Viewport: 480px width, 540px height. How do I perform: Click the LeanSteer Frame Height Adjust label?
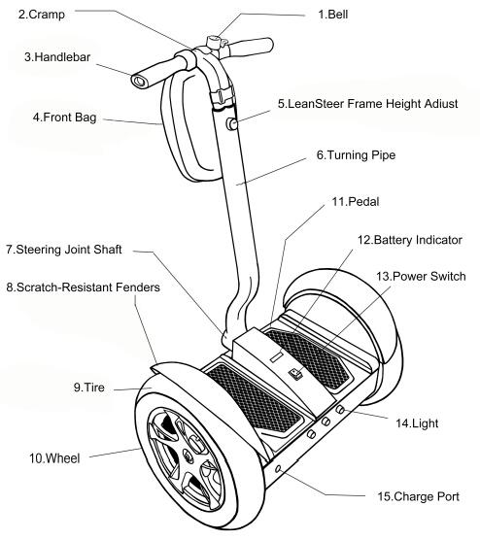367,102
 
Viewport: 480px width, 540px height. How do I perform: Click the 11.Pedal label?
355,203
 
